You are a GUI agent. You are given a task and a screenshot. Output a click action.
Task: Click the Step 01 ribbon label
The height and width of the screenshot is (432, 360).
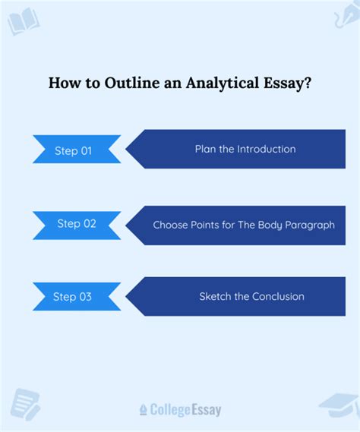pos(74,150)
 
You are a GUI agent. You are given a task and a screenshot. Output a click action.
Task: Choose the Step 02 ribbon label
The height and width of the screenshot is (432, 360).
pos(76,224)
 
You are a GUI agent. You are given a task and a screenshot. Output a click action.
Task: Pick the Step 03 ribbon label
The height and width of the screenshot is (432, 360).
pos(74,297)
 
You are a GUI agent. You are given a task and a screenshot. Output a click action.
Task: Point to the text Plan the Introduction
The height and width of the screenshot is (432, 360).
pos(245,149)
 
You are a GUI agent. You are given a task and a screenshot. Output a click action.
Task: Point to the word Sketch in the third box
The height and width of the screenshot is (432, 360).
pos(216,296)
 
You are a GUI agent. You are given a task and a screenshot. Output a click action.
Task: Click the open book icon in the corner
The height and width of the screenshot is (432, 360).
pos(23,20)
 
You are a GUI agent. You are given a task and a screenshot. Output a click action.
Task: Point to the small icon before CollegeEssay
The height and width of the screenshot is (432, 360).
pos(143,410)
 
